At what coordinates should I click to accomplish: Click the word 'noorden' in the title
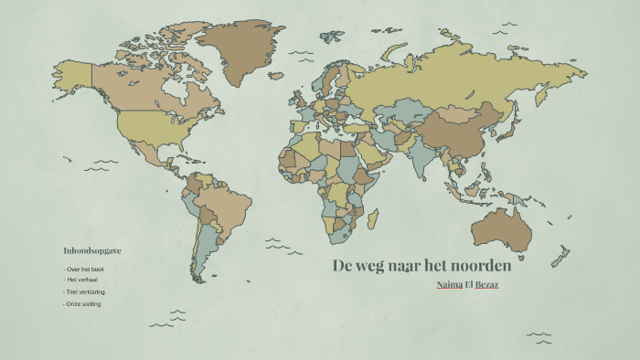tap(476, 267)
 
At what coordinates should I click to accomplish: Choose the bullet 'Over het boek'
tap(84, 270)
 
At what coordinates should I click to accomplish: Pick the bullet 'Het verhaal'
tap(82, 281)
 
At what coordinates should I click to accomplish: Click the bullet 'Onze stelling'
tap(83, 303)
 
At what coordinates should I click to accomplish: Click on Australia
tap(497, 228)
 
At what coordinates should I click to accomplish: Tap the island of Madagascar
tap(373, 219)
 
